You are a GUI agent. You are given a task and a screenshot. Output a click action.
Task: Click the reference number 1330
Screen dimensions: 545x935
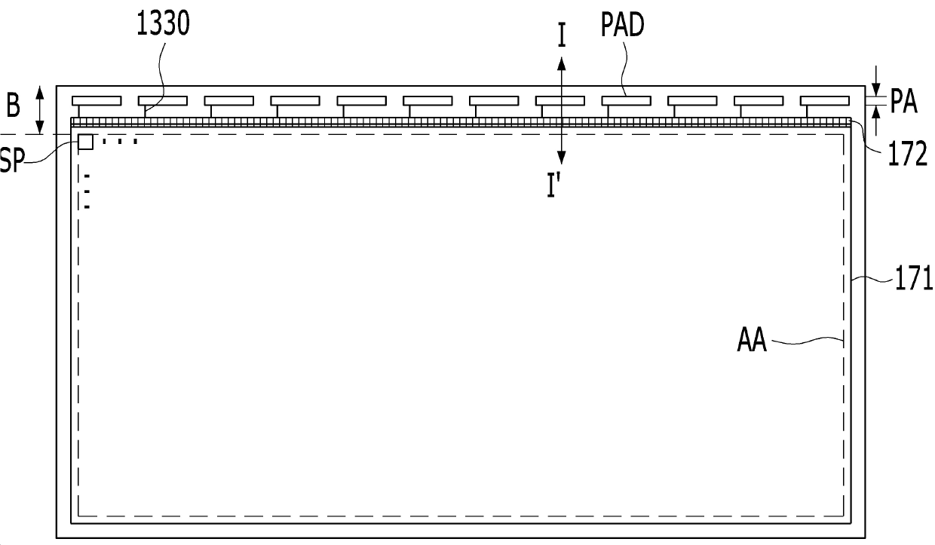[163, 24]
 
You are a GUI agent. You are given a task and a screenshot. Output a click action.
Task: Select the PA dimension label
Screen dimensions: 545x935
[903, 101]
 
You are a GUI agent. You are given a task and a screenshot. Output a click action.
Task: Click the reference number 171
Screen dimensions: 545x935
[914, 280]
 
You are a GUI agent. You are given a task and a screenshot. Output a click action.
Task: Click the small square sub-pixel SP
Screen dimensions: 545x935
[86, 142]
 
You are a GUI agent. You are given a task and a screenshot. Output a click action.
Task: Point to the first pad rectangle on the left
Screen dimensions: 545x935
[96, 100]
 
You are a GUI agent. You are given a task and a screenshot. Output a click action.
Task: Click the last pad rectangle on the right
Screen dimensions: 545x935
[824, 100]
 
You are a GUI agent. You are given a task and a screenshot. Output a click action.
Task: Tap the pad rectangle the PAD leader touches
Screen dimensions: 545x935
[626, 100]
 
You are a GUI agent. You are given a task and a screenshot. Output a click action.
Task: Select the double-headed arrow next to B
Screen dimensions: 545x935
[41, 110]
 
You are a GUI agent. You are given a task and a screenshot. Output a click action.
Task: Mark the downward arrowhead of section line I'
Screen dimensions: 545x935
[562, 158]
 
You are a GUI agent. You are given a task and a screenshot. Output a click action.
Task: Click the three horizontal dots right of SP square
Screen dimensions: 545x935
[120, 141]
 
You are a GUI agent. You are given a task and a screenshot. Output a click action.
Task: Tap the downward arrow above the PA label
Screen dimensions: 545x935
[876, 76]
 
